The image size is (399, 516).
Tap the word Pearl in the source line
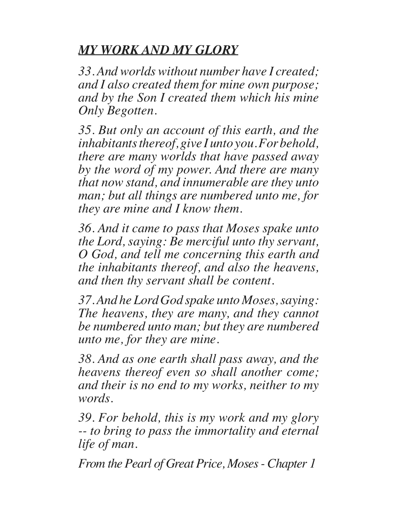pyautogui.click(x=138, y=464)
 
